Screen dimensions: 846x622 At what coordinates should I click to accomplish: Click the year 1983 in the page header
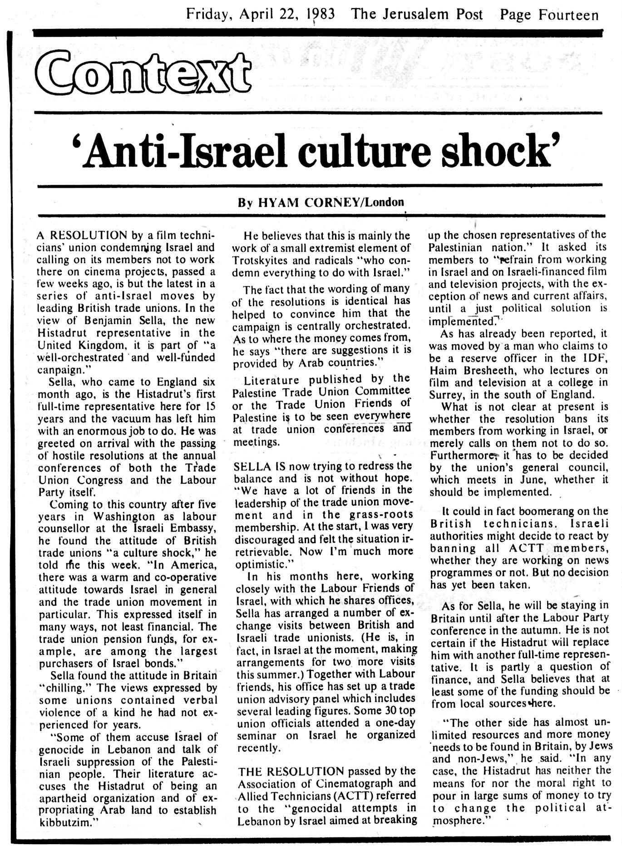coord(320,15)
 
